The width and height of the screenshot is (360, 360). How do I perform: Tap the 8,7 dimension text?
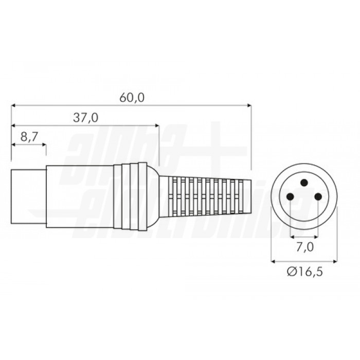tap(29, 137)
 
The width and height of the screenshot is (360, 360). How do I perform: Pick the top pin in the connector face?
tap(304, 183)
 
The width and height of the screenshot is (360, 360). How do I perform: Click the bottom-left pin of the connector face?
tap(291, 196)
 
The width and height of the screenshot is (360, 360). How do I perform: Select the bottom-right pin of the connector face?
tap(318, 196)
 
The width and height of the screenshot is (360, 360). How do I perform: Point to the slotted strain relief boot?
tap(206, 196)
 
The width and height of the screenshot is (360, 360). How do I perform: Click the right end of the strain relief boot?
tap(250, 196)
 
